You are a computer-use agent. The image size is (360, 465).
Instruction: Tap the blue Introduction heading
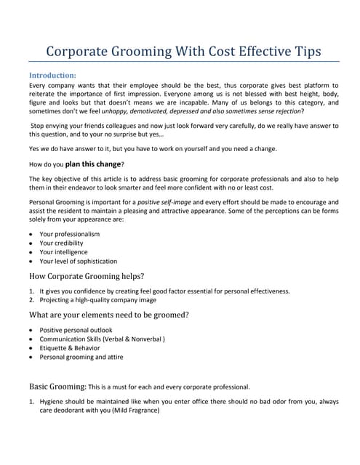tap(52, 75)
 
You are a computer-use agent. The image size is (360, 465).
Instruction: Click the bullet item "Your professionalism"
tap(70, 234)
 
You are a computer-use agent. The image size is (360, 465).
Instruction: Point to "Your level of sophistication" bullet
tap(79, 261)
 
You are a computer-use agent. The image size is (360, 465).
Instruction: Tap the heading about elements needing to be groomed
tap(108, 315)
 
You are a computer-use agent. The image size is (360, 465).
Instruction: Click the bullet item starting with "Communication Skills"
tap(102, 339)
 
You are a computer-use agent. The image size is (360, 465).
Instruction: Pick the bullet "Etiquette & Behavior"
tap(72, 348)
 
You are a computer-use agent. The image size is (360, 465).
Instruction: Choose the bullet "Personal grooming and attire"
tap(81, 357)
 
